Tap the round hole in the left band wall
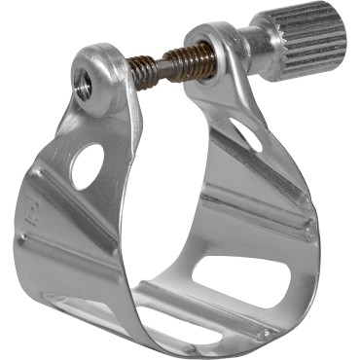[86, 165]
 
